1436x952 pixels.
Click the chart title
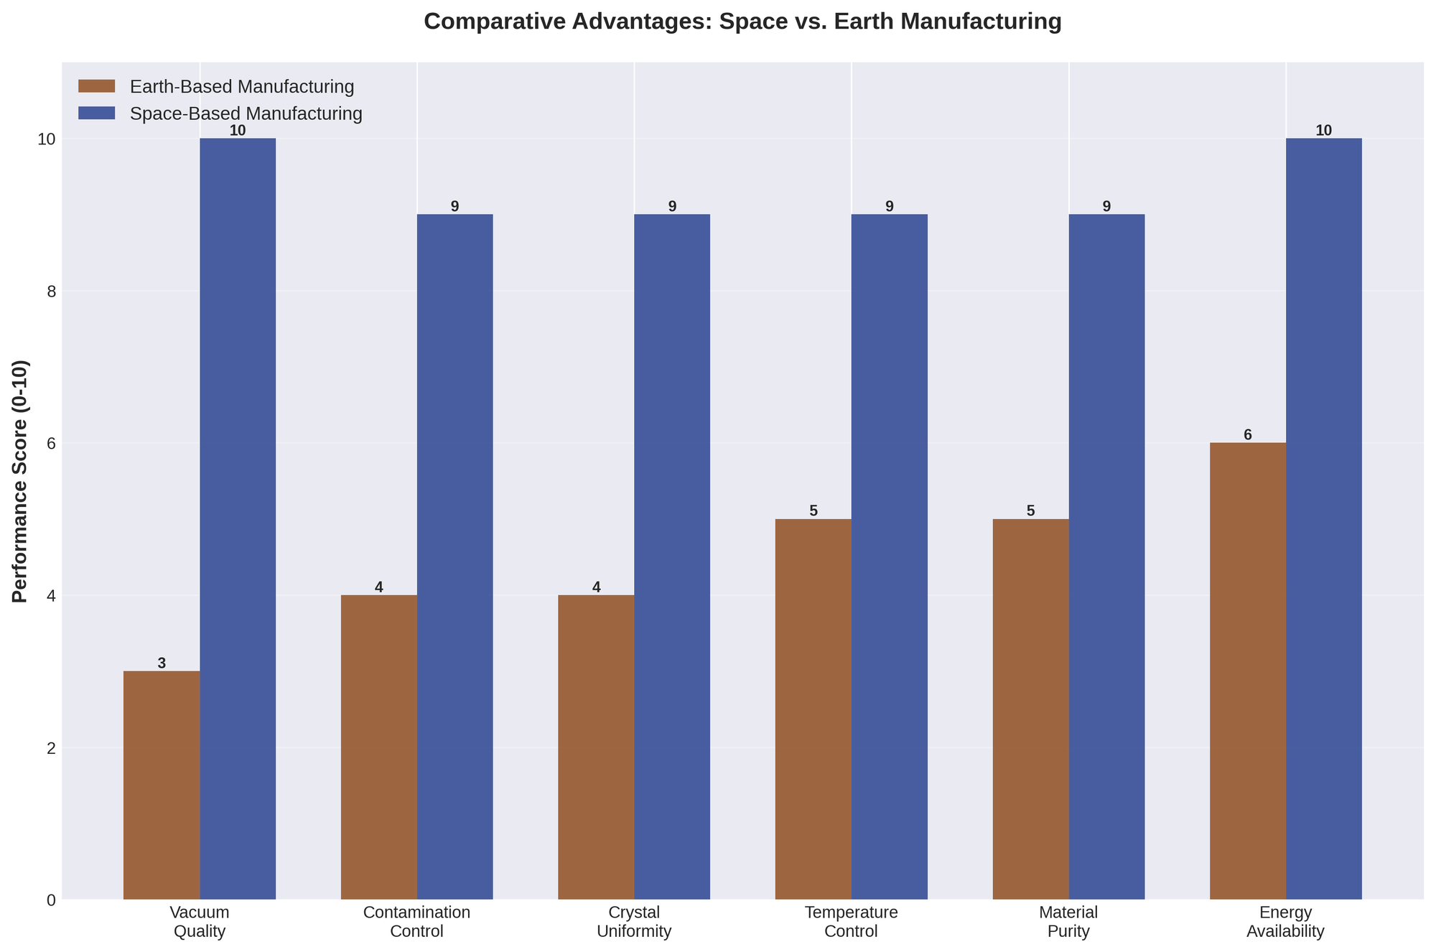click(742, 22)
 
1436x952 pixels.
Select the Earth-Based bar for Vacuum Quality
click(162, 785)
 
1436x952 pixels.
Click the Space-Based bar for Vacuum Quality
click(238, 518)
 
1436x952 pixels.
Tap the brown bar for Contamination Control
click(379, 747)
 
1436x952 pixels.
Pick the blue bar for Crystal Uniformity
click(672, 556)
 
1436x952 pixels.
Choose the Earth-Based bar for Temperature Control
click(813, 709)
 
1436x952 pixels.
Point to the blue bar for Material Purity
click(1106, 556)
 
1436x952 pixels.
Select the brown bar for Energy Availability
click(1248, 671)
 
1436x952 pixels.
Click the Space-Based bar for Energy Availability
click(1324, 518)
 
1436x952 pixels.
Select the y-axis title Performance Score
click(21, 481)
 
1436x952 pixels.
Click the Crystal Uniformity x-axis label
click(634, 922)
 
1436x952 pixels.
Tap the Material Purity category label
click(1068, 922)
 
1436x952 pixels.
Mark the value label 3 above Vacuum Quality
click(162, 663)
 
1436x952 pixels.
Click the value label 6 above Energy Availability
click(1248, 435)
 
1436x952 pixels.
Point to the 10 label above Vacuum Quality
click(238, 131)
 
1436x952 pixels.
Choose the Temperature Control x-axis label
click(852, 922)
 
